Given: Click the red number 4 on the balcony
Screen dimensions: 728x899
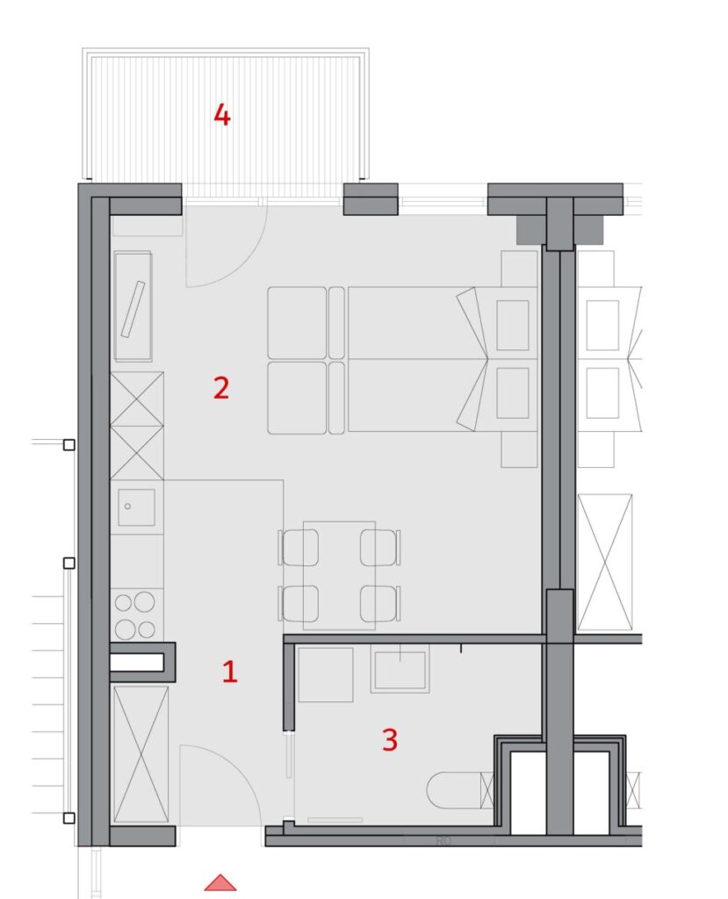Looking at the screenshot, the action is click(x=222, y=115).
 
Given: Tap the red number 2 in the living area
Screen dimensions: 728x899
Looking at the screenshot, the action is click(x=221, y=388).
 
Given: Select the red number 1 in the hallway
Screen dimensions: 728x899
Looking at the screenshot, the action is click(x=229, y=672).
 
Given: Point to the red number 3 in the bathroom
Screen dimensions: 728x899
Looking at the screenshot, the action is click(x=390, y=739).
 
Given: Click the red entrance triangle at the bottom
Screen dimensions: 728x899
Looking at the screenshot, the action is click(x=220, y=883).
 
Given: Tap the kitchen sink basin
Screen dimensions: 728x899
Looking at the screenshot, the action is click(x=136, y=507).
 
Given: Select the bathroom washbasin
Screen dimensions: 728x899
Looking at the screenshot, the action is click(x=400, y=669).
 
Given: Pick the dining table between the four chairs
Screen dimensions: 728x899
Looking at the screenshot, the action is click(x=339, y=575).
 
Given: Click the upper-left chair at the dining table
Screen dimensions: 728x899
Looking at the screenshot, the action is click(x=299, y=547).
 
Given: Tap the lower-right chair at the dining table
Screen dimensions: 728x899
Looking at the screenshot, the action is click(x=380, y=603).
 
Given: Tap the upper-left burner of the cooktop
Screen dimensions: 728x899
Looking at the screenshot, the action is click(x=123, y=602).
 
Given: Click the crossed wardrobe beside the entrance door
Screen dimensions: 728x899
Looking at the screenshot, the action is click(x=141, y=754).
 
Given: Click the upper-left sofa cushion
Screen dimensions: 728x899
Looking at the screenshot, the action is click(x=297, y=323).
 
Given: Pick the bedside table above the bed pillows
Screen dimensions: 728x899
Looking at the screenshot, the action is click(x=519, y=269).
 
